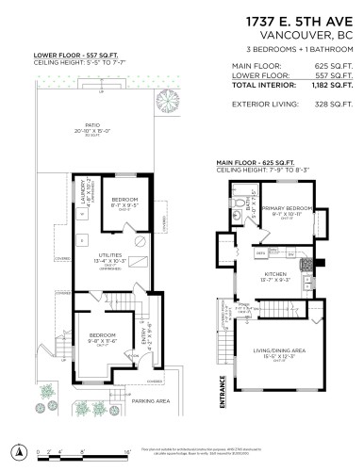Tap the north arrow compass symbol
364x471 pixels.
tap(18, 447)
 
